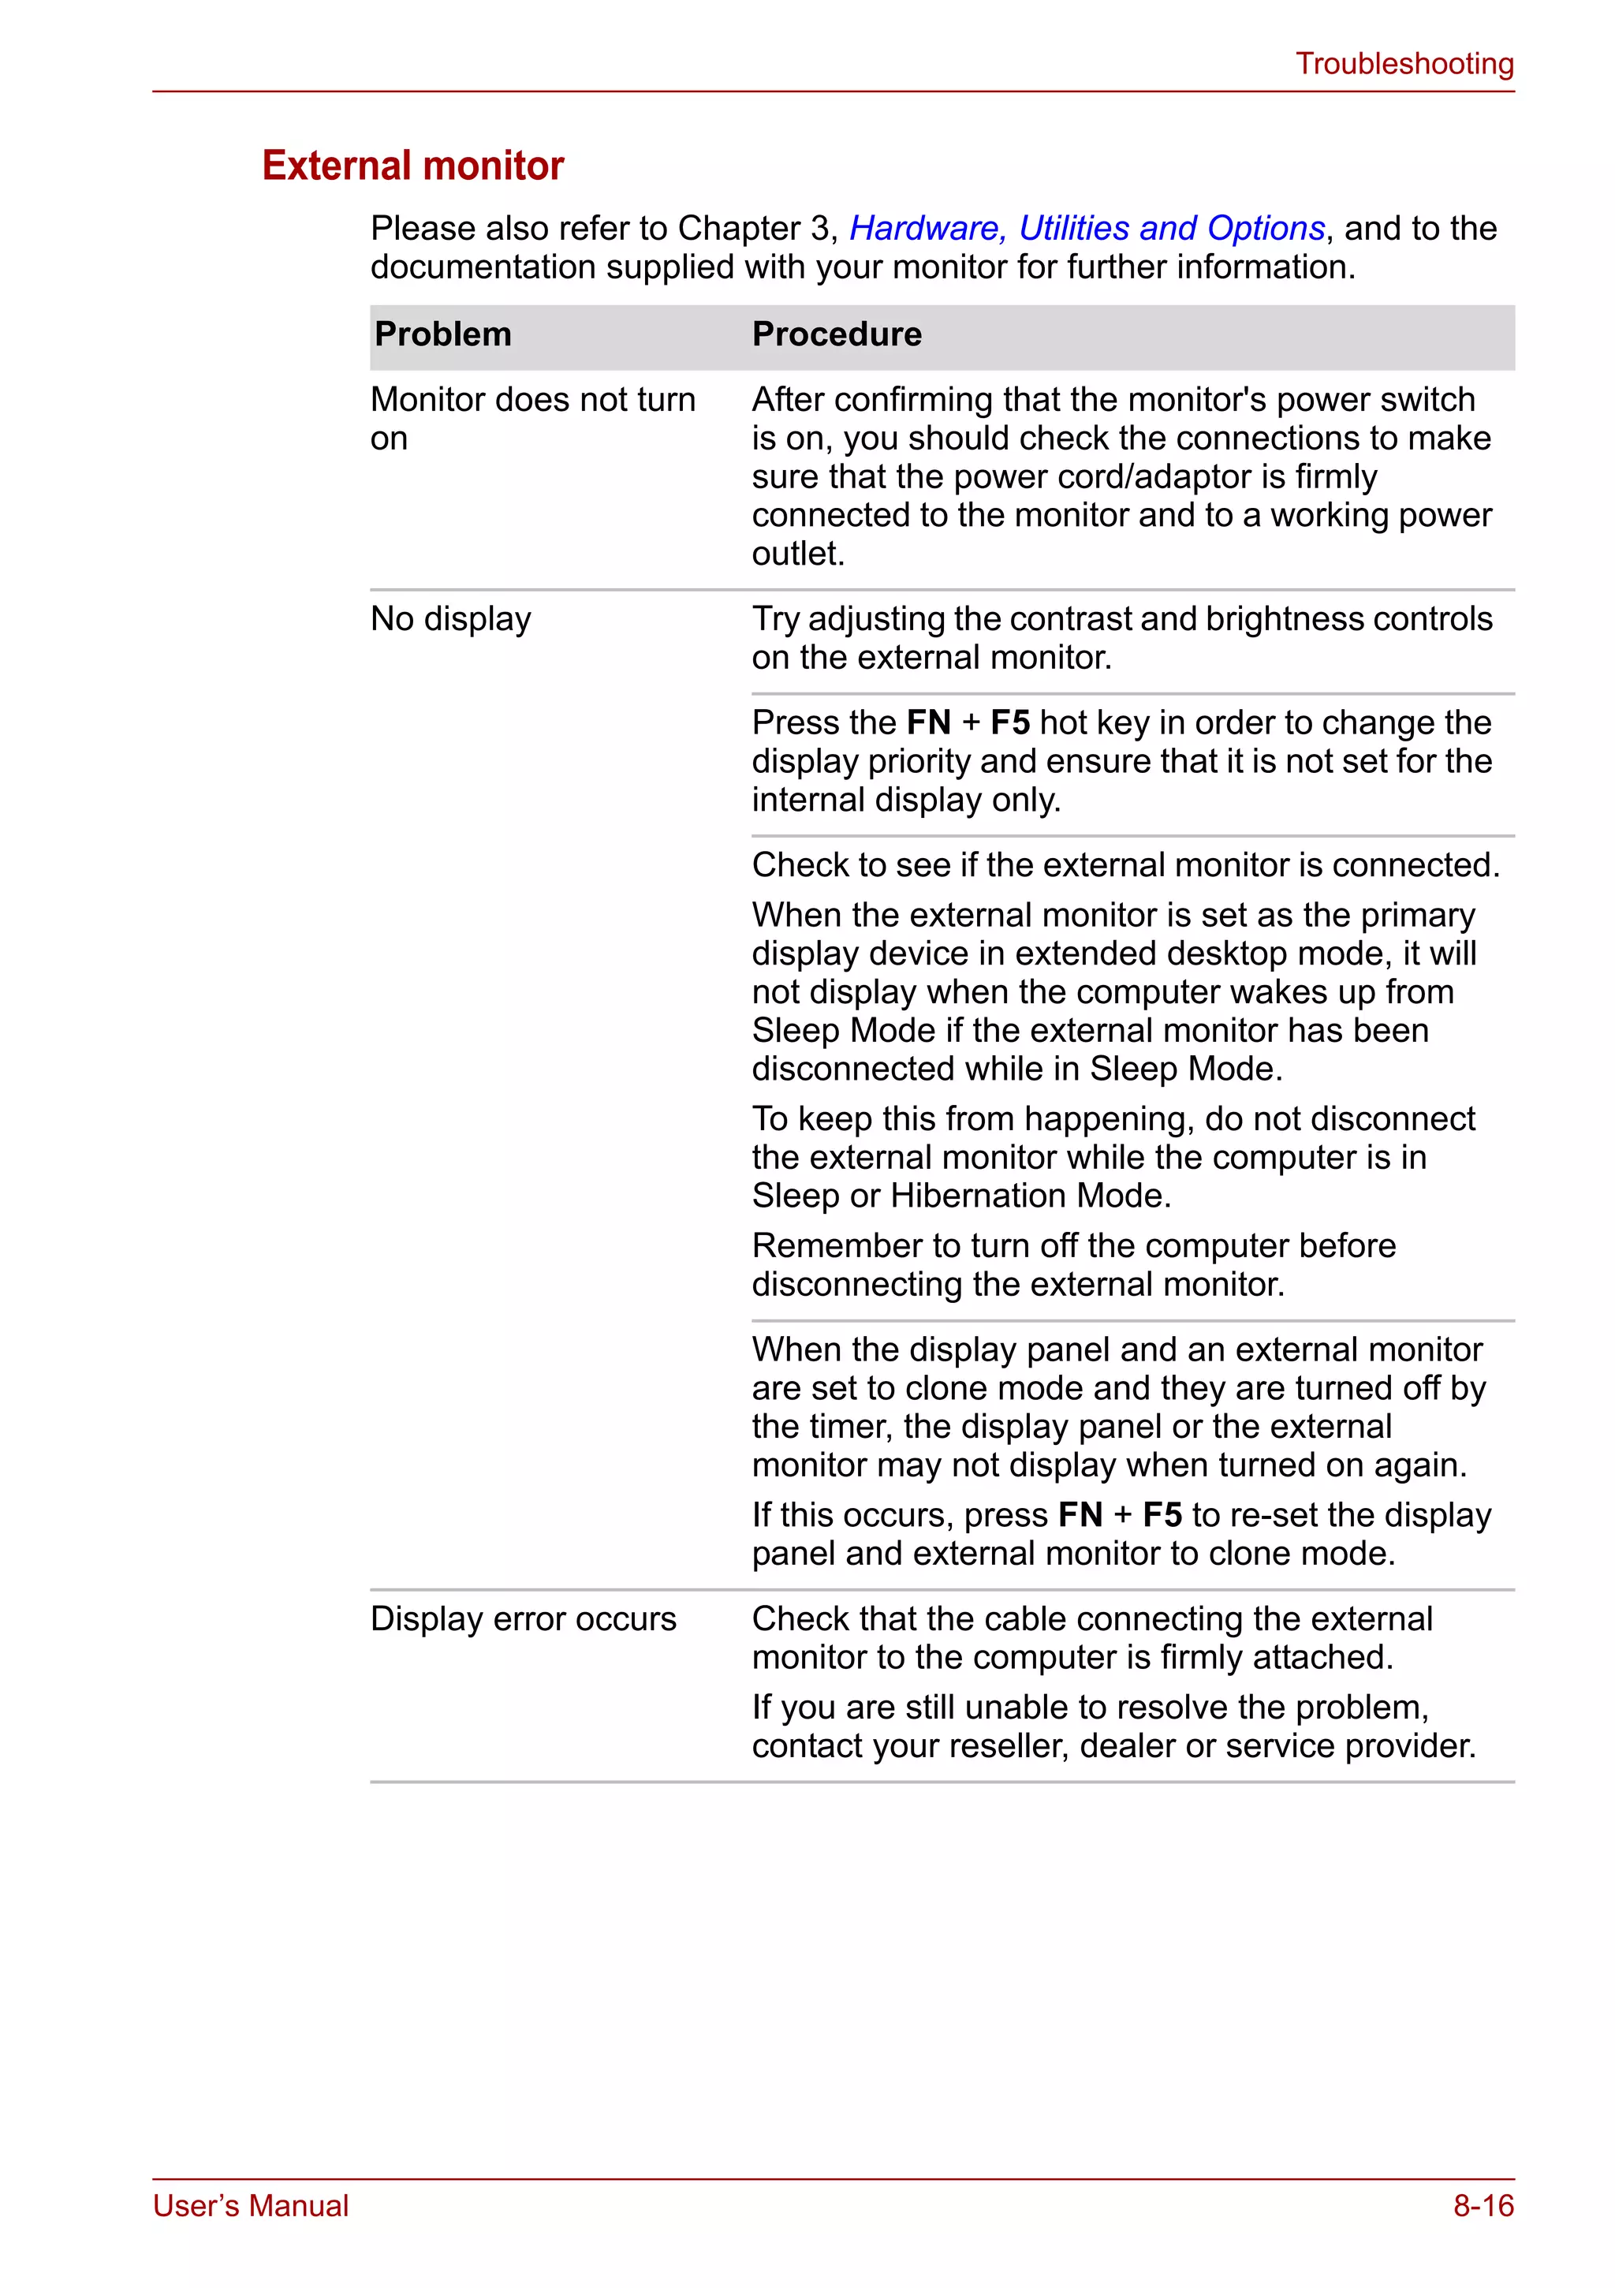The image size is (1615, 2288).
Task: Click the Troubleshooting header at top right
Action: pyautogui.click(x=1404, y=64)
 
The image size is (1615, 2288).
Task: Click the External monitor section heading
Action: pyautogui.click(x=412, y=166)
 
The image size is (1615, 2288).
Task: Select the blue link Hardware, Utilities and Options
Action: pyautogui.click(x=1086, y=228)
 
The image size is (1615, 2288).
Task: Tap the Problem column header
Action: pyautogui.click(x=442, y=334)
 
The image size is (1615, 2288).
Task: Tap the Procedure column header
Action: pyautogui.click(x=836, y=334)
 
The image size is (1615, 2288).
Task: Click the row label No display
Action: pyautogui.click(x=450, y=619)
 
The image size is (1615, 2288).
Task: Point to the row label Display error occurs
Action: pyautogui.click(x=523, y=1618)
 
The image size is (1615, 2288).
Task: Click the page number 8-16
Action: pyautogui.click(x=1483, y=2205)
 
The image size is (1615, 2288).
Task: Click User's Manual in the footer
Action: pyautogui.click(x=250, y=2205)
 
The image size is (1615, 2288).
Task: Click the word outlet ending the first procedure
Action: pyautogui.click(x=797, y=553)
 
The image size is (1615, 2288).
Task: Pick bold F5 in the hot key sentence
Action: pyautogui.click(x=1009, y=722)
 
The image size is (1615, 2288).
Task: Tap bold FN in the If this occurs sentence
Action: pyautogui.click(x=1080, y=1515)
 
